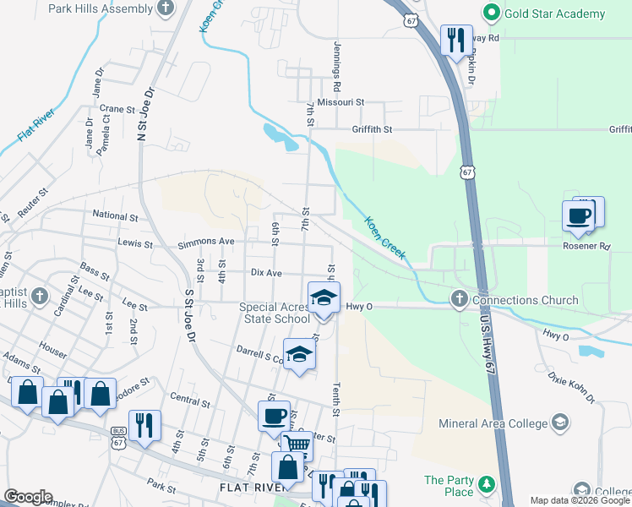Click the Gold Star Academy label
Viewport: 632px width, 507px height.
pyautogui.click(x=554, y=14)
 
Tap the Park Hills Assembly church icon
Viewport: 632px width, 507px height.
pyautogui.click(x=166, y=8)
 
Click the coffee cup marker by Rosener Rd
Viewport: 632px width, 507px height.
pyautogui.click(x=580, y=215)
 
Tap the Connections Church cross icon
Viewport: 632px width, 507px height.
pyautogui.click(x=459, y=299)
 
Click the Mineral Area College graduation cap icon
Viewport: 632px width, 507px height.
pyautogui.click(x=559, y=422)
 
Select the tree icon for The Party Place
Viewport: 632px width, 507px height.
pyautogui.click(x=485, y=484)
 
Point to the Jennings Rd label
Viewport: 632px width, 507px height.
pyautogui.click(x=337, y=67)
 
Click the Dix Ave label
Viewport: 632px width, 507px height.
pyautogui.click(x=266, y=273)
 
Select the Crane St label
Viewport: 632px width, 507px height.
pyautogui.click(x=117, y=109)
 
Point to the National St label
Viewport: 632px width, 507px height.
pyautogui.click(x=115, y=216)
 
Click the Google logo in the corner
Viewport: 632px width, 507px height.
pyautogui.click(x=28, y=497)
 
